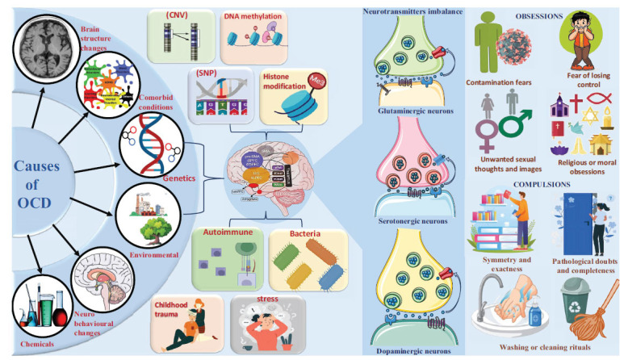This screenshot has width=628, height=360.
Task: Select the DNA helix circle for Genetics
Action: [147, 142]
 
